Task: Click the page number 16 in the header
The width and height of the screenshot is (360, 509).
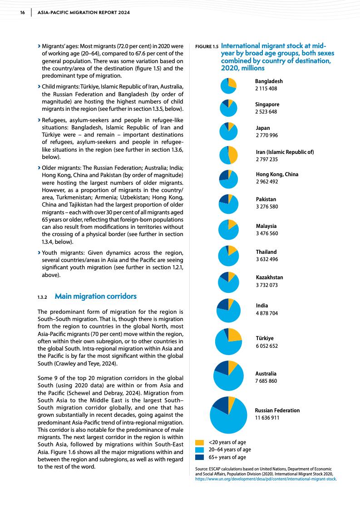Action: (22, 13)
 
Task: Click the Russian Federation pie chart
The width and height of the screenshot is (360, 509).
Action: (229, 415)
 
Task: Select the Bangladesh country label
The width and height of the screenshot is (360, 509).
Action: (269, 81)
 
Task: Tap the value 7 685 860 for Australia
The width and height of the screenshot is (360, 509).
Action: (266, 381)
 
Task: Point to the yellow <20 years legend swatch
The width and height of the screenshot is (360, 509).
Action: (199, 442)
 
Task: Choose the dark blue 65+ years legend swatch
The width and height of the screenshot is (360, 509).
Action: (199, 457)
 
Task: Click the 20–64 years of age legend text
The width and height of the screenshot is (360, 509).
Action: (229, 450)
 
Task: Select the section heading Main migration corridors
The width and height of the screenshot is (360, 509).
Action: (95, 297)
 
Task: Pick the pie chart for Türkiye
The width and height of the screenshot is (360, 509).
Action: (228, 341)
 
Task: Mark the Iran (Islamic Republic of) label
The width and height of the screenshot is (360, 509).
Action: (284, 152)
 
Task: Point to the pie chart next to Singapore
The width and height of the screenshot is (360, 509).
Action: (228, 108)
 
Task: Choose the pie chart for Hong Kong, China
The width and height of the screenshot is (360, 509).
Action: (228, 179)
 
